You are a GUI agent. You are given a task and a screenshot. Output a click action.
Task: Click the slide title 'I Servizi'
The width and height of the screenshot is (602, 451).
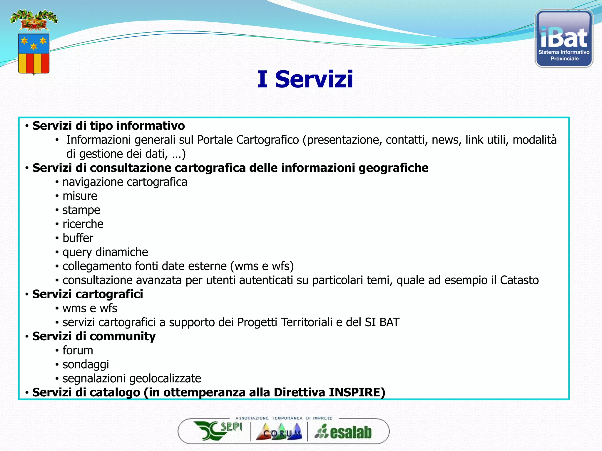point(305,79)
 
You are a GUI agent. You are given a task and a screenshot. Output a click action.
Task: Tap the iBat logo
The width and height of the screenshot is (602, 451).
point(564,38)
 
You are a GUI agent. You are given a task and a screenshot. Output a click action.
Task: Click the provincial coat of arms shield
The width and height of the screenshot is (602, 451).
point(34,53)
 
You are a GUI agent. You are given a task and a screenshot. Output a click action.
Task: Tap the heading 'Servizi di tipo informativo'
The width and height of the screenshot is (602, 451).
point(108,126)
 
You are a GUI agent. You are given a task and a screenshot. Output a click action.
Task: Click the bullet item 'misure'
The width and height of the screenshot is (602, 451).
point(80,196)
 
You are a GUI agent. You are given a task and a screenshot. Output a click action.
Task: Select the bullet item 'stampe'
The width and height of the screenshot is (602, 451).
point(81,210)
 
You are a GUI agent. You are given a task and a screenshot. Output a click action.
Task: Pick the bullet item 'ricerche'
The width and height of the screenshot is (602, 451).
point(83,224)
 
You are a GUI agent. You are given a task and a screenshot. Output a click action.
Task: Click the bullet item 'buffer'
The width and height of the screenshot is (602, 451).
point(78,238)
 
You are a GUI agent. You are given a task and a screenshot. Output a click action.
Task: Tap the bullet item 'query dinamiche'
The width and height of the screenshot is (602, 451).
point(105,252)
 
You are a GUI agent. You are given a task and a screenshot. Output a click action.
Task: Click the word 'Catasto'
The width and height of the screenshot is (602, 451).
point(519,280)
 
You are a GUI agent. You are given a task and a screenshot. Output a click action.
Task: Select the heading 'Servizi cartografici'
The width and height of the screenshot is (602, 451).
point(88,294)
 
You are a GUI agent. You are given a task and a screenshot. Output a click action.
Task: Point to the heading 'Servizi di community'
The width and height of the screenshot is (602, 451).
point(94,336)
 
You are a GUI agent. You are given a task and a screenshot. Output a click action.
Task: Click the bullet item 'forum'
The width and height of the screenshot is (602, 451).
point(78,350)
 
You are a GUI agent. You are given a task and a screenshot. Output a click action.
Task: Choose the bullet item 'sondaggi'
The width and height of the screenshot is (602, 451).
point(86,364)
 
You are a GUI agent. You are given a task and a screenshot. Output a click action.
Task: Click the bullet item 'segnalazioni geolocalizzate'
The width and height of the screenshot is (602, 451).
point(132,378)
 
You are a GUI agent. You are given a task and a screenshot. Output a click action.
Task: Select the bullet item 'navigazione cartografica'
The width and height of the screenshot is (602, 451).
point(125,182)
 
